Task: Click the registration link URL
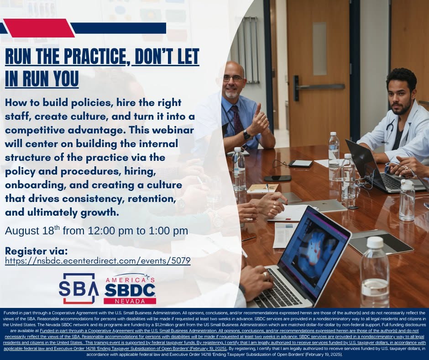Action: (98, 260)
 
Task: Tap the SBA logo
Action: (78, 288)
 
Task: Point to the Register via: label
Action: (36, 251)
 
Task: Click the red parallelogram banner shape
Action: (39, 28)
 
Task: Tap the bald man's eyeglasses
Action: (233, 79)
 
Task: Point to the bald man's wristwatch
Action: (247, 135)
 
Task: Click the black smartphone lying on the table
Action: (277, 178)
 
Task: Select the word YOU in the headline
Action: (66, 79)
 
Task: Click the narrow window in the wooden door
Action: (319, 49)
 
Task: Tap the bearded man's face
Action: (401, 97)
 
